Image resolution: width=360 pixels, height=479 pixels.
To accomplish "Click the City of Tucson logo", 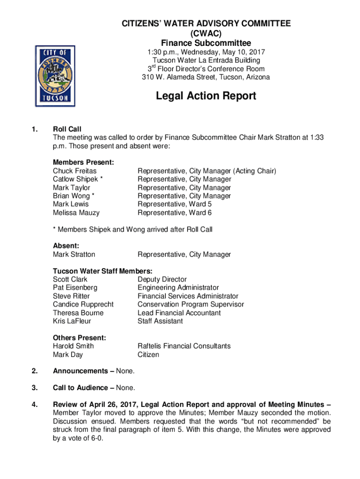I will pyautogui.click(x=55, y=76).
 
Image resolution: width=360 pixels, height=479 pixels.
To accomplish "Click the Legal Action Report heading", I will pyautogui.click(x=206, y=96).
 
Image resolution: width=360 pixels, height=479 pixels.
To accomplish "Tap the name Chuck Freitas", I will pyautogui.click(x=74, y=171).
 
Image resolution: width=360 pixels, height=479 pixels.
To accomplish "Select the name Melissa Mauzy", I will pyautogui.click(x=76, y=213).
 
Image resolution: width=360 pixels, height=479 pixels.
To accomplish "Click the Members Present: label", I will pyautogui.click(x=84, y=162).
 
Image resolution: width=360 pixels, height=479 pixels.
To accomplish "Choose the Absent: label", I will pyautogui.click(x=65, y=246).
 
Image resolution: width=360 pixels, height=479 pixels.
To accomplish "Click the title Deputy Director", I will pyautogui.click(x=162, y=279).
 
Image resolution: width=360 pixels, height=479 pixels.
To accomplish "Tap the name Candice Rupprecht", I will pyautogui.click(x=83, y=305).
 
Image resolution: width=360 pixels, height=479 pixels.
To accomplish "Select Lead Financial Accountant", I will pyautogui.click(x=179, y=313).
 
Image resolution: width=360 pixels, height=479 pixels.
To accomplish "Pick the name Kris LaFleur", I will pyautogui.click(x=72, y=321).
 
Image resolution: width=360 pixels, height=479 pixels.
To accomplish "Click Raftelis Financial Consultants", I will pyautogui.click(x=184, y=346).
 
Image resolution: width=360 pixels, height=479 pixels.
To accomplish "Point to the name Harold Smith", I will pyautogui.click(x=73, y=346).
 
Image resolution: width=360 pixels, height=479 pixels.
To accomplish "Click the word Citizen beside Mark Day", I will pyautogui.click(x=148, y=355).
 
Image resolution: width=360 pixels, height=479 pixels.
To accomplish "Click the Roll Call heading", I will pyautogui.click(x=67, y=129).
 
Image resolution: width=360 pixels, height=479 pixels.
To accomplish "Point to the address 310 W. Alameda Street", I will pyautogui.click(x=181, y=77).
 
